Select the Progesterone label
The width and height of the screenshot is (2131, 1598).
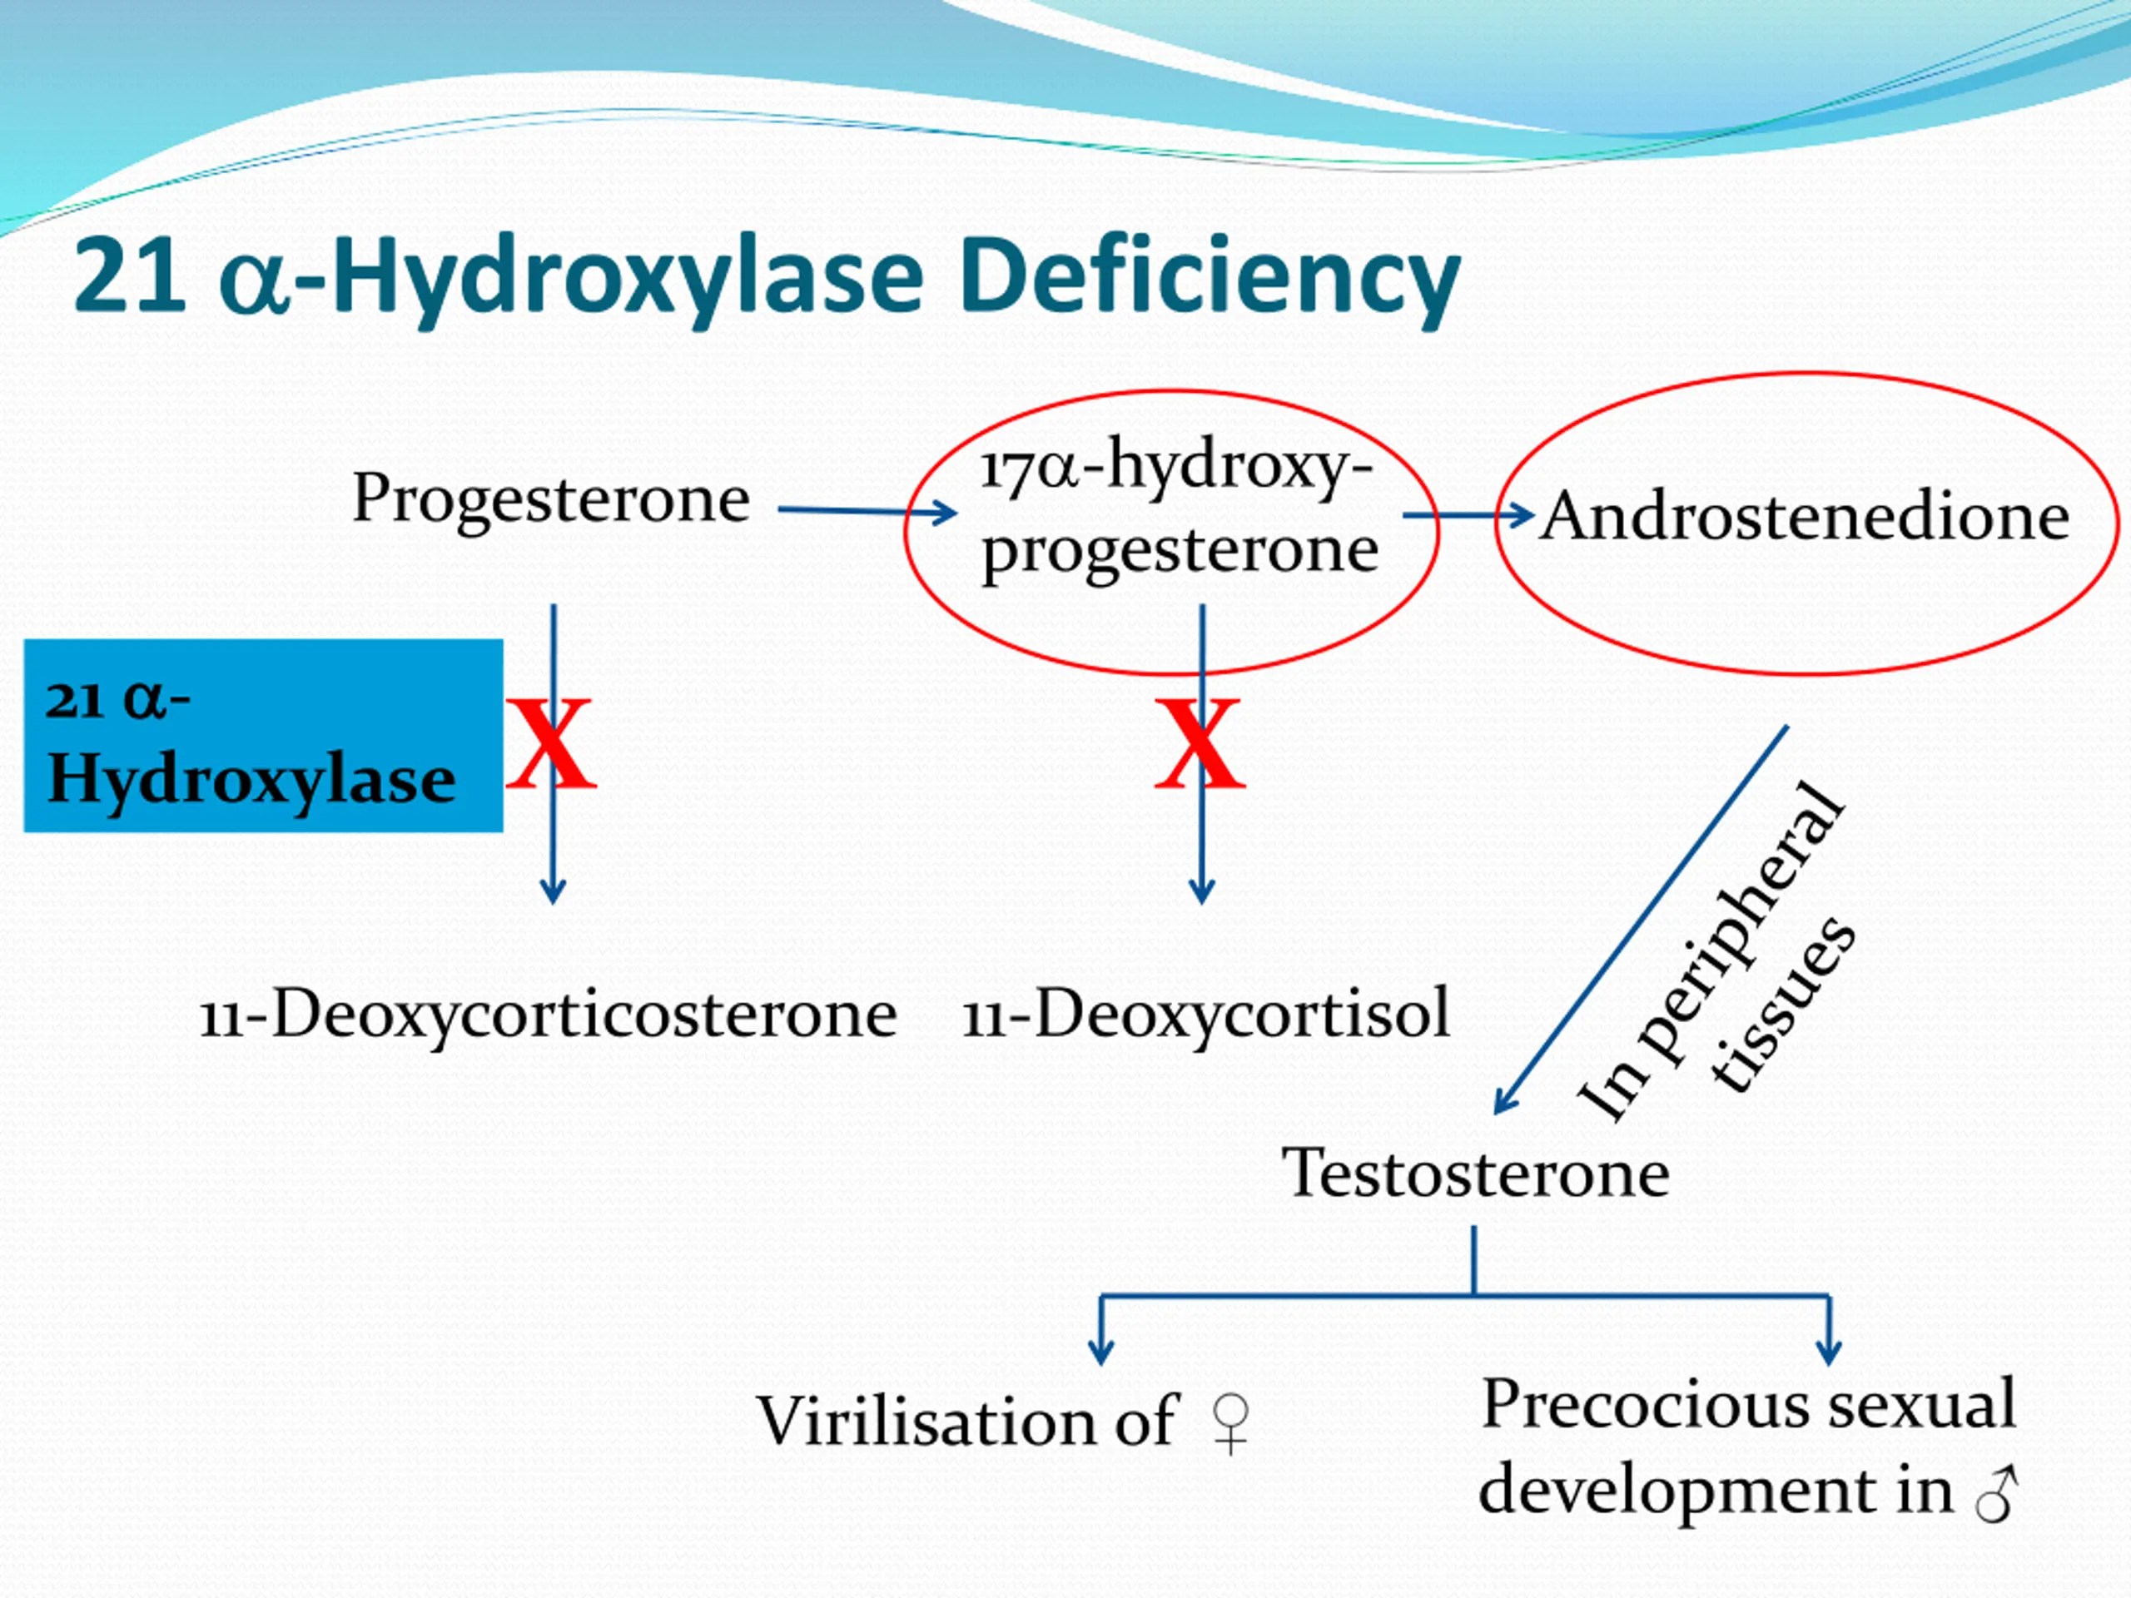550,499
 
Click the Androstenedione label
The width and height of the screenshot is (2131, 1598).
1804,517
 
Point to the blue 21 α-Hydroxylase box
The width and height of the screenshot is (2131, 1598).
263,736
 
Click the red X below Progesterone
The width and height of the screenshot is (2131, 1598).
551,743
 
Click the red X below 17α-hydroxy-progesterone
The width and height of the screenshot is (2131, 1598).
1200,743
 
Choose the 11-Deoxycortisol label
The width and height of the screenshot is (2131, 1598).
1206,1015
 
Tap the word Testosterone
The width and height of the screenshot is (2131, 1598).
1475,1174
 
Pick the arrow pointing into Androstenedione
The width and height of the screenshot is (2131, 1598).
1468,515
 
